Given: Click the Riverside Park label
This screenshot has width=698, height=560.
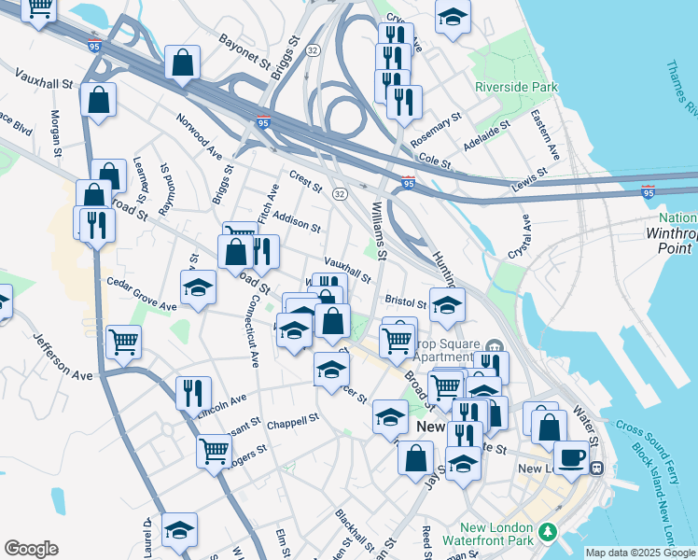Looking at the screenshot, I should [x=516, y=88].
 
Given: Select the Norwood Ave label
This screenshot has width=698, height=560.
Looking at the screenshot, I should [x=200, y=134].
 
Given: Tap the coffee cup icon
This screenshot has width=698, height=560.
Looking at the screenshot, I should [x=574, y=456].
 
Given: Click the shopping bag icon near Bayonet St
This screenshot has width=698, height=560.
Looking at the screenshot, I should [x=183, y=63].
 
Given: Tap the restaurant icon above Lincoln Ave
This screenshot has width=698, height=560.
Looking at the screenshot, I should [x=192, y=393].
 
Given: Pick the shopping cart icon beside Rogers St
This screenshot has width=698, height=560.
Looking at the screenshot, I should [x=215, y=452].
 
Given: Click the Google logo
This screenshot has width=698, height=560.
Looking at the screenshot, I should [x=31, y=549].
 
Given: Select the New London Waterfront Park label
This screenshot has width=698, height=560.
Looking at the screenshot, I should [x=502, y=533].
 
